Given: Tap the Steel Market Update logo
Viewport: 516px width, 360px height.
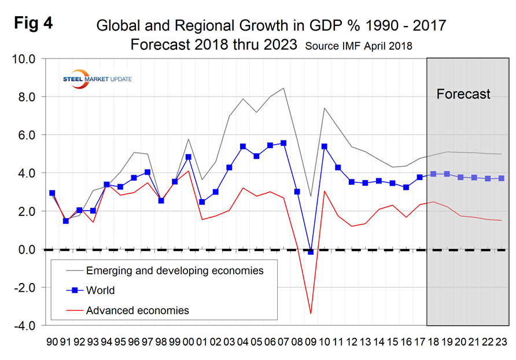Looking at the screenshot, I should (x=97, y=78).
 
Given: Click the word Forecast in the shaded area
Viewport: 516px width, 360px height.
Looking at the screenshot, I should (x=463, y=94).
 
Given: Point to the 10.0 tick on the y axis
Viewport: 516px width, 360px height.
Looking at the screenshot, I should (x=24, y=59).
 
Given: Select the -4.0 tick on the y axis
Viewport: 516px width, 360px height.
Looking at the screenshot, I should (x=24, y=326).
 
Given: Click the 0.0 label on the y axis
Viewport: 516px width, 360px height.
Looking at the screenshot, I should (x=25, y=249).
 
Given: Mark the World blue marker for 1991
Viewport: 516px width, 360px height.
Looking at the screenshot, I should (x=66, y=221).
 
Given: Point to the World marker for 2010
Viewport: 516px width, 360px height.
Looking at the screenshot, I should (x=325, y=146).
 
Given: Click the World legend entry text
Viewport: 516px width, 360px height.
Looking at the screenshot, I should (x=100, y=291).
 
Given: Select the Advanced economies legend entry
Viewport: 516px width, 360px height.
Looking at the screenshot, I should (x=137, y=310).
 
